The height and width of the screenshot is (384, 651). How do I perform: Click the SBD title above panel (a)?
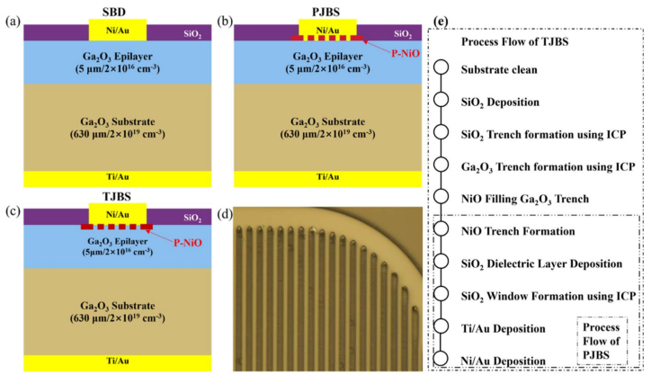(117, 8)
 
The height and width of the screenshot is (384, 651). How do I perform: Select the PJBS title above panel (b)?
(330, 8)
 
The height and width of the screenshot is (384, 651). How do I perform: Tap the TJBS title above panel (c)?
(118, 194)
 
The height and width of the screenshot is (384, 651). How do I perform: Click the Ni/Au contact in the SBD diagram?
(118, 30)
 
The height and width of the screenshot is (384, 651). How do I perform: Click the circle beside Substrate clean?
(441, 69)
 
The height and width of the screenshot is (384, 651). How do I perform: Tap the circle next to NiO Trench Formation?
(441, 232)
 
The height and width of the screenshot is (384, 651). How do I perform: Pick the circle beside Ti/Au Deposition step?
(441, 328)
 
